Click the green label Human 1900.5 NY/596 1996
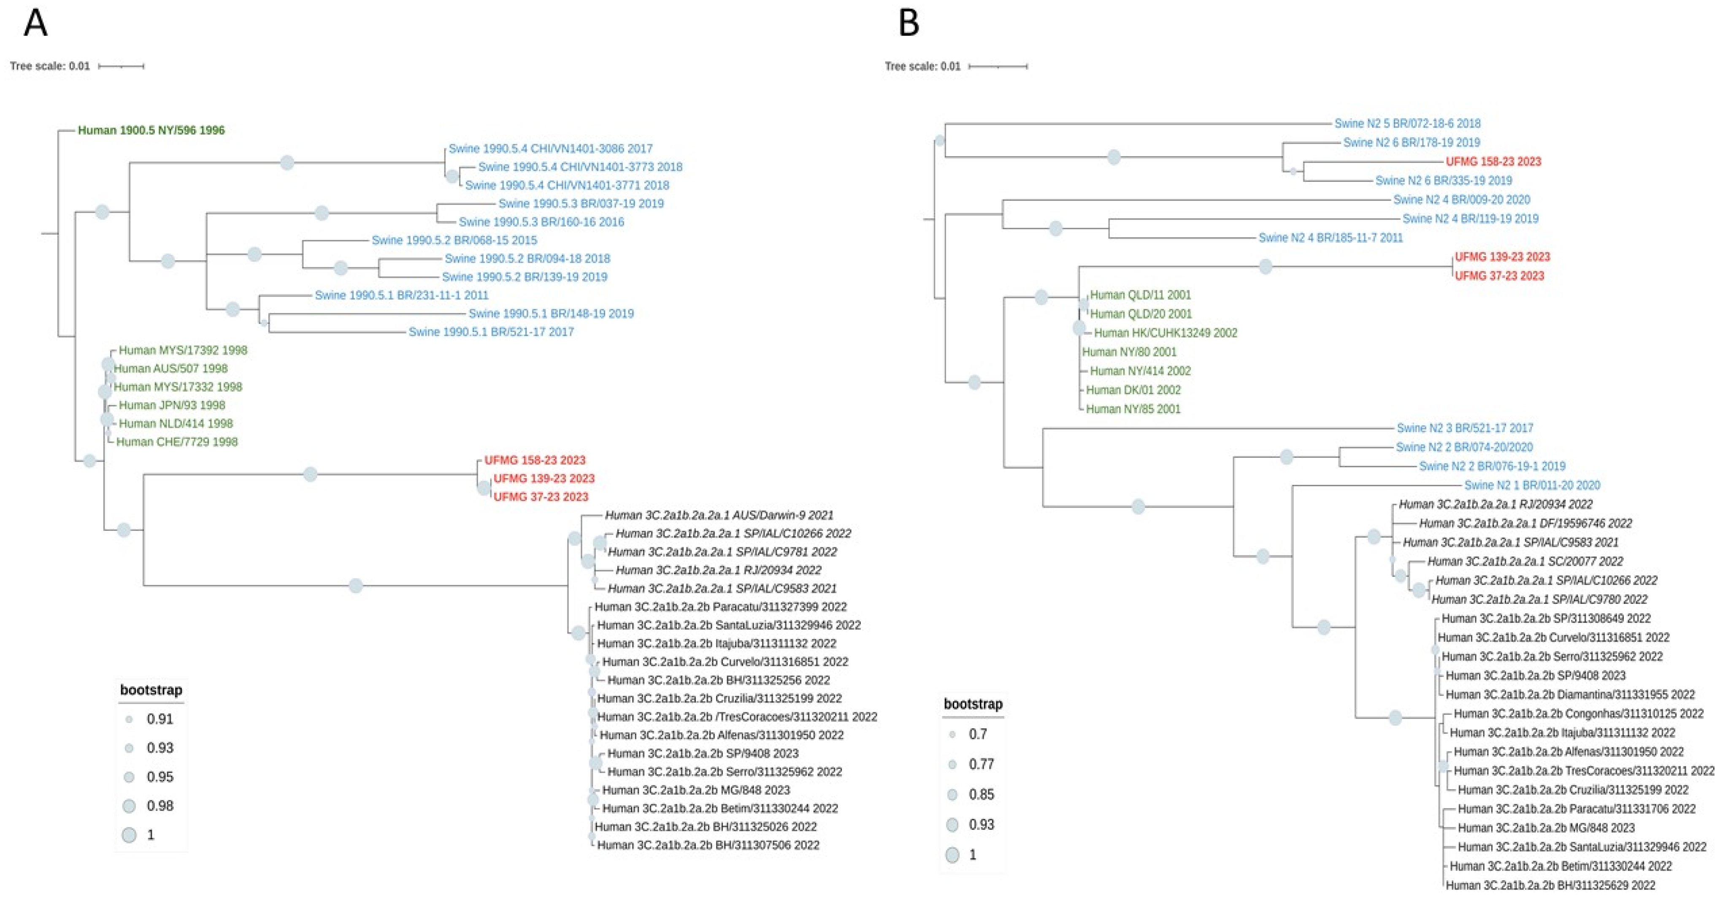click(151, 130)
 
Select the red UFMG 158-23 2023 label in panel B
click(1493, 162)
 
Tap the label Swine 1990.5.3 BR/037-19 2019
click(581, 204)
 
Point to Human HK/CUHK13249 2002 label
click(1165, 333)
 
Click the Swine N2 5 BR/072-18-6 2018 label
click(1407, 124)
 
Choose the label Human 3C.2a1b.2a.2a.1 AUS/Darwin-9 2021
click(719, 515)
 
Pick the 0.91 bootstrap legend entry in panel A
click(159, 719)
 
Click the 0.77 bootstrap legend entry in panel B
click(980, 764)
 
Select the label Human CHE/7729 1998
click(177, 442)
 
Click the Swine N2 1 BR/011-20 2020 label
click(1532, 485)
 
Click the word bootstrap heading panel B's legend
click(972, 704)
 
